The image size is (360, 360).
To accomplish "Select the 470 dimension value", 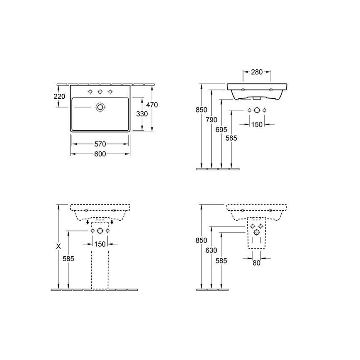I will click(x=152, y=105).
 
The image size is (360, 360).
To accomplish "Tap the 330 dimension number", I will click(x=142, y=113).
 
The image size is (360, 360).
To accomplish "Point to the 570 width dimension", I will click(x=100, y=144).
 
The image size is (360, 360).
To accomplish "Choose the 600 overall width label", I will click(x=100, y=154).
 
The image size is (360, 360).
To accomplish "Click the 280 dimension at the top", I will click(x=257, y=72).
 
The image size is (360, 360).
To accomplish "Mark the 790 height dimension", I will click(x=212, y=120).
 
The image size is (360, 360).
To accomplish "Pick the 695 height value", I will click(x=221, y=130).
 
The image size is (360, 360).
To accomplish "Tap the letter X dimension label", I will click(x=58, y=246).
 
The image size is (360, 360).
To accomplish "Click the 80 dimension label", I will click(x=256, y=263).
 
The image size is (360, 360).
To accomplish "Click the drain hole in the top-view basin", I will click(x=100, y=107).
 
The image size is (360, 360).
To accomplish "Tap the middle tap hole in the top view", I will click(x=100, y=91).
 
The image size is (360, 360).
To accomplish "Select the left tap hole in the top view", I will click(x=90, y=91).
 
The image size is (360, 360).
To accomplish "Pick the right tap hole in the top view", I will click(x=110, y=91).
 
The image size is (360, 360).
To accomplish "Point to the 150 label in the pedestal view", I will click(x=100, y=244).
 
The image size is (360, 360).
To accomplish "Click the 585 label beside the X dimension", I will click(x=68, y=258).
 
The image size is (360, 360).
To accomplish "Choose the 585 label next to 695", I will click(x=231, y=139).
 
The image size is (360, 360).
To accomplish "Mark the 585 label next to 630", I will click(x=221, y=261).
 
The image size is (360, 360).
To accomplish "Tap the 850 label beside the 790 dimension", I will click(x=201, y=110).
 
